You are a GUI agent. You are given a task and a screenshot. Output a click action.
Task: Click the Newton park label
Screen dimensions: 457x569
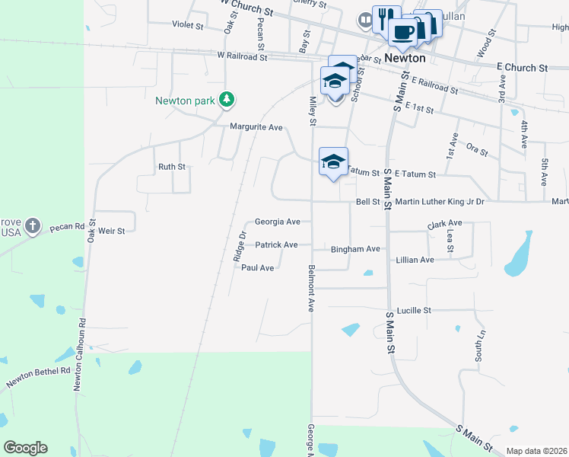click(x=186, y=101)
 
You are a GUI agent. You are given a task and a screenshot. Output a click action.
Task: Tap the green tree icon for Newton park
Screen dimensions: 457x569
click(x=226, y=99)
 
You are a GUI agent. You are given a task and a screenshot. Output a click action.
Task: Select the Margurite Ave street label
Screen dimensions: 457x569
click(x=256, y=127)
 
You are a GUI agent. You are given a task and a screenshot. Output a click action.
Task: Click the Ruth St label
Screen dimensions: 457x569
click(x=171, y=167)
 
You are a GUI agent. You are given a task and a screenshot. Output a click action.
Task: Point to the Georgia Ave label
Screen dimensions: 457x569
click(x=277, y=222)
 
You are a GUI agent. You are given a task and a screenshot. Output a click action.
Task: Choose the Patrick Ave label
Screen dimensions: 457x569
click(x=276, y=245)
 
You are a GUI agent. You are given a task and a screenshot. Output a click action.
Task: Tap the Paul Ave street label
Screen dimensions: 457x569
click(x=257, y=268)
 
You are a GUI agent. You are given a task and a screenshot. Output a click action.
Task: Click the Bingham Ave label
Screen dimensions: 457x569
click(x=354, y=249)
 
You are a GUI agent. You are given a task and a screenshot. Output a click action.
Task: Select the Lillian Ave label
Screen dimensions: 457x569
click(x=415, y=260)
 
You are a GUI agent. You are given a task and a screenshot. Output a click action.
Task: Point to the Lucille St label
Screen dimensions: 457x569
click(x=413, y=311)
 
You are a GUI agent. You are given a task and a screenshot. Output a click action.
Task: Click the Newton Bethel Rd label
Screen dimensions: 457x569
click(x=38, y=374)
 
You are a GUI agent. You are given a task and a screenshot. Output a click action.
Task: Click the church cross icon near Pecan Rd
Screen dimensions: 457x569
click(x=31, y=225)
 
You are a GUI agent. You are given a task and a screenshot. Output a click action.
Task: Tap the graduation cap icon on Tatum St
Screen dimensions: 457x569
click(x=332, y=161)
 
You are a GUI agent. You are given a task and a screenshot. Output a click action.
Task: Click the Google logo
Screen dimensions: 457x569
click(x=25, y=448)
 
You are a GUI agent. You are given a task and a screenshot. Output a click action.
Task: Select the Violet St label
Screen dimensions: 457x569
click(x=188, y=26)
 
